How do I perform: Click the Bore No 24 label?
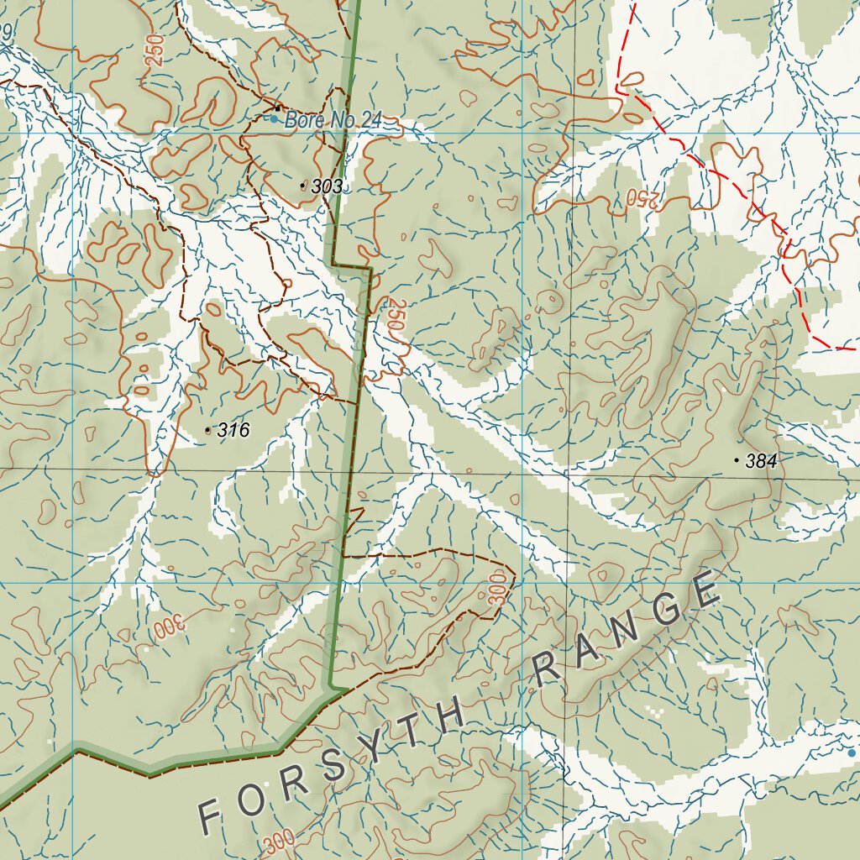[x=333, y=120]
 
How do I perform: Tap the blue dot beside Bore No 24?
[x=273, y=119]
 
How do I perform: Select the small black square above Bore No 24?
[x=278, y=107]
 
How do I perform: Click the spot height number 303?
[x=327, y=187]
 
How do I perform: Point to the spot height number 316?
[x=233, y=431]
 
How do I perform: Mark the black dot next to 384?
[x=737, y=459]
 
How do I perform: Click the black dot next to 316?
[x=207, y=430]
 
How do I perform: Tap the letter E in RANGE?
[x=707, y=591]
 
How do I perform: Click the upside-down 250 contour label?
[x=642, y=199]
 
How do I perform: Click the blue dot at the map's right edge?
[x=852, y=753]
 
